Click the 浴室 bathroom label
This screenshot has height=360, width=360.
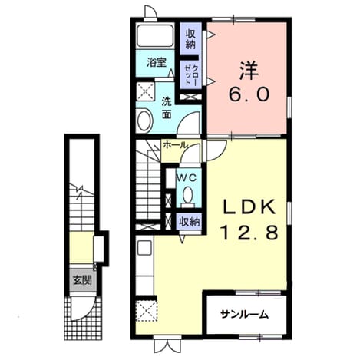click(x=157, y=62)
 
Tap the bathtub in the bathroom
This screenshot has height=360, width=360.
click(x=155, y=35)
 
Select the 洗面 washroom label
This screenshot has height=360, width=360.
click(x=167, y=108)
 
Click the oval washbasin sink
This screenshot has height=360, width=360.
click(x=145, y=121)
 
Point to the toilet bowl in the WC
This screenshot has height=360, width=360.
click(x=189, y=195)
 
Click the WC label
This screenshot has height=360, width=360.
click(x=189, y=177)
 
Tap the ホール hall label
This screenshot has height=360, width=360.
click(x=174, y=145)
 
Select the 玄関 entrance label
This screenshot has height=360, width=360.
click(x=82, y=280)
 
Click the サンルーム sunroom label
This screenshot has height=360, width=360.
click(x=245, y=314)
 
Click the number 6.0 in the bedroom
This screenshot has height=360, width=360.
click(x=249, y=94)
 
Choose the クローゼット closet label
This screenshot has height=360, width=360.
click(x=191, y=74)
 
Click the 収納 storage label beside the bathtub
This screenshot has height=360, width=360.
click(x=190, y=39)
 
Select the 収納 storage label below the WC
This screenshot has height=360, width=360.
click(x=190, y=222)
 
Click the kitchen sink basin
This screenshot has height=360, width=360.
click(x=144, y=247)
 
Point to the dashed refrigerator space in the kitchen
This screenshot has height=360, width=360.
click(x=146, y=310)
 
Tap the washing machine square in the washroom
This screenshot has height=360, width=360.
click(x=145, y=91)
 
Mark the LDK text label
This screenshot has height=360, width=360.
click(x=249, y=206)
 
